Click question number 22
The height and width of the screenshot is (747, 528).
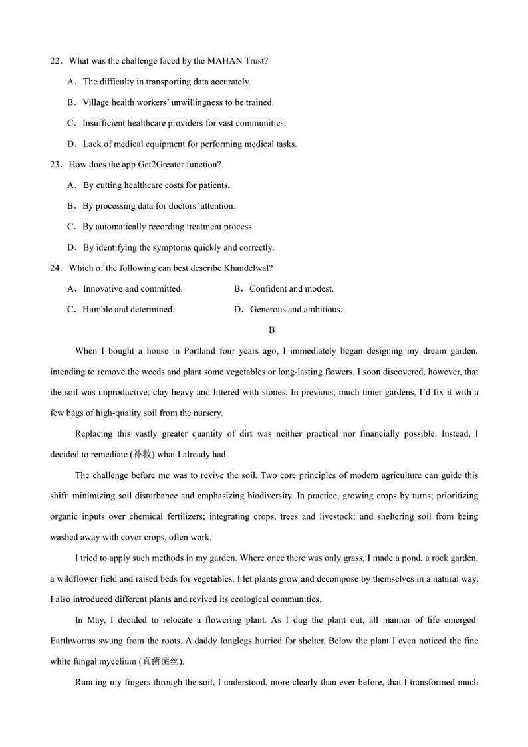pos(55,61)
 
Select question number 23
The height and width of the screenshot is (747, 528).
pos(55,165)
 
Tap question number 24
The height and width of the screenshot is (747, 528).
pos(55,268)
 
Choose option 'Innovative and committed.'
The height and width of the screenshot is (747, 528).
pos(132,288)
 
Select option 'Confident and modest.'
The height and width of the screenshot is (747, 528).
pos(291,288)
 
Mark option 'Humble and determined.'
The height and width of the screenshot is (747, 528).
pos(128,309)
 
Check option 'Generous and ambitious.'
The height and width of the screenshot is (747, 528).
pos(296,309)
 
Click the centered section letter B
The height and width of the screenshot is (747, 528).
pos(271,330)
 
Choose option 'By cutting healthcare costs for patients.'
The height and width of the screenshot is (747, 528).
pos(156,185)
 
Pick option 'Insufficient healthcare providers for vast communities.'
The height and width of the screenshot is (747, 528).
pos(184,123)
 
